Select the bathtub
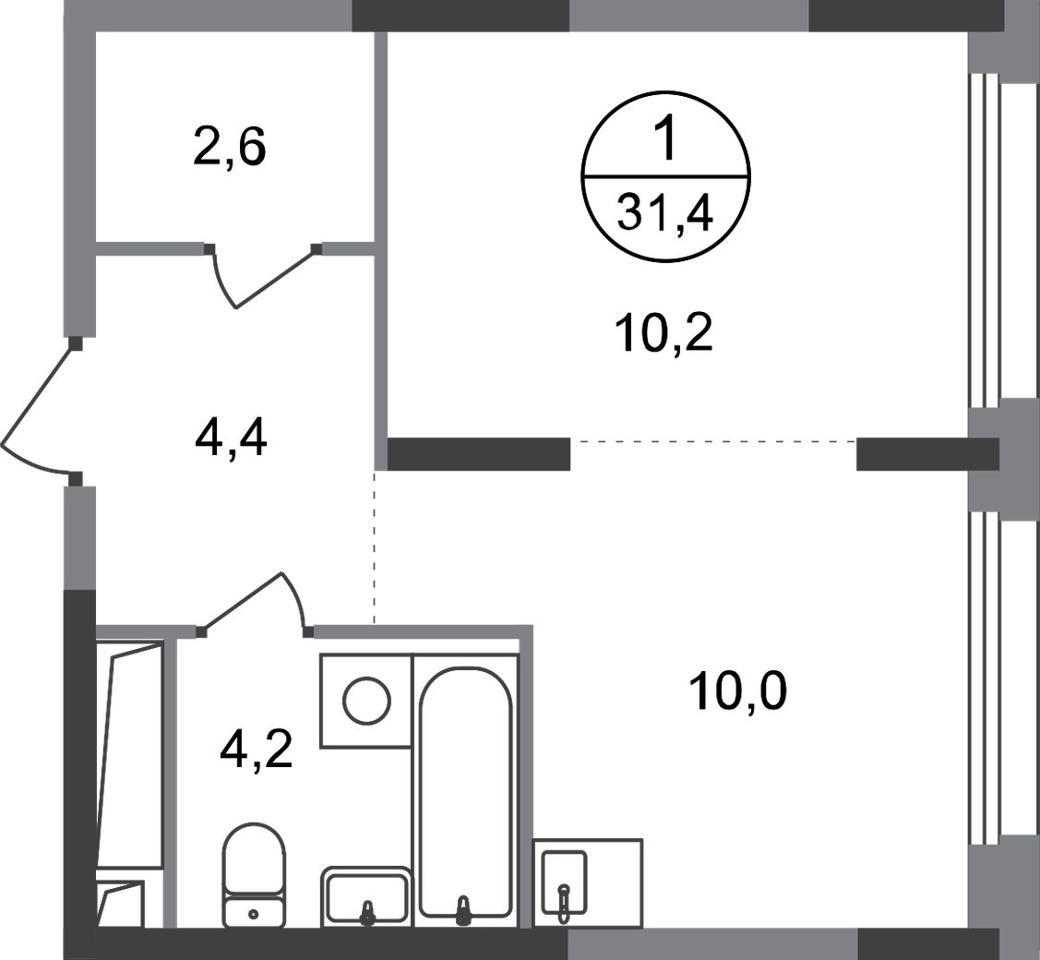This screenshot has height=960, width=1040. click(462, 785)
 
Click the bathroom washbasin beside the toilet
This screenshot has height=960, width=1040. click(365, 894)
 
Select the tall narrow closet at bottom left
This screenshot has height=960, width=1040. click(129, 757)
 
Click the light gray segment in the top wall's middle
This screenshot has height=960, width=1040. click(688, 17)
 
